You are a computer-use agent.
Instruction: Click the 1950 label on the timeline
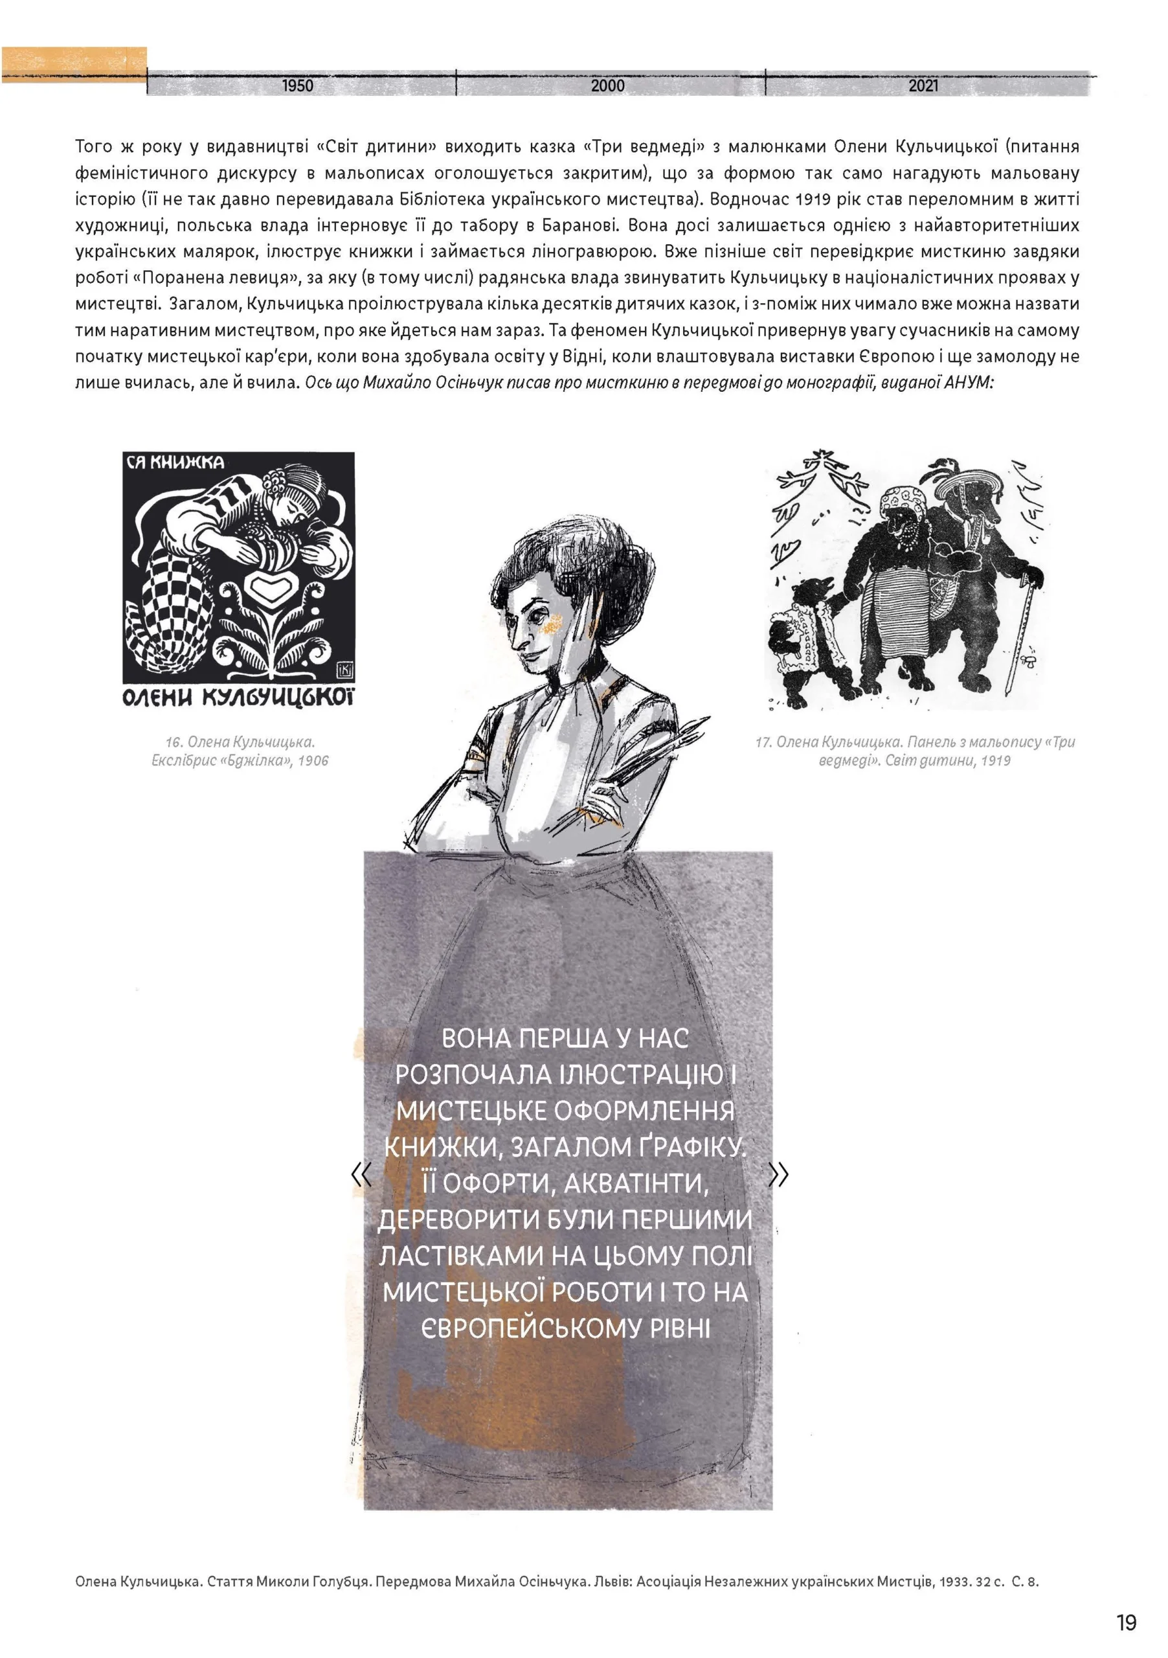(297, 86)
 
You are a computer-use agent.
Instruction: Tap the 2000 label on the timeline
(607, 86)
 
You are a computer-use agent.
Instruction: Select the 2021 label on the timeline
(923, 86)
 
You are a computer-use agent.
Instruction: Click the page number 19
(1126, 1622)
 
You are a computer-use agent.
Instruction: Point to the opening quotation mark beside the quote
(361, 1175)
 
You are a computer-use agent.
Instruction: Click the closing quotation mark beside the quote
(779, 1175)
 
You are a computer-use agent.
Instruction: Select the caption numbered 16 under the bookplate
(240, 751)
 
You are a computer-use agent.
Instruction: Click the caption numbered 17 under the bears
(915, 751)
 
